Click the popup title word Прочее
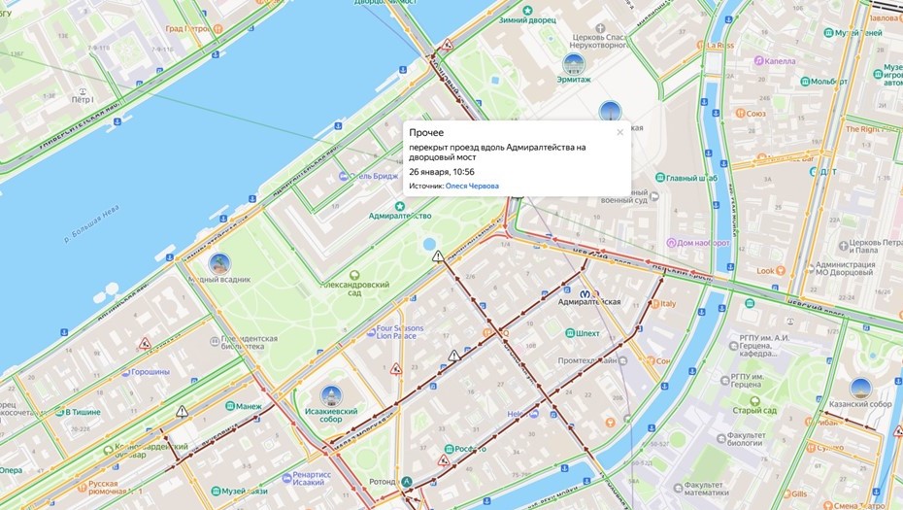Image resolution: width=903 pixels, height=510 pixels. point(426,132)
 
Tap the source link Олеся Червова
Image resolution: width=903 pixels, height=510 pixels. point(472,186)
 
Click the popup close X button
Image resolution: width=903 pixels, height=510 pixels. point(619,132)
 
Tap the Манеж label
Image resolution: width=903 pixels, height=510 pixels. point(250,406)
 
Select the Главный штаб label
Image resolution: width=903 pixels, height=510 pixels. point(693,178)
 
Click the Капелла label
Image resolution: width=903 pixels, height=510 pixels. point(780,60)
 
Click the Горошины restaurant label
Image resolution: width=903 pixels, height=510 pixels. point(150,372)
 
